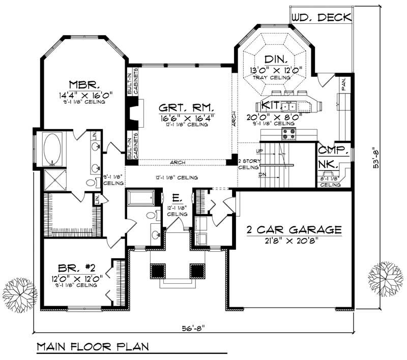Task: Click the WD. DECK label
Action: [321, 17]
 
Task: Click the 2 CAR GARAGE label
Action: [294, 230]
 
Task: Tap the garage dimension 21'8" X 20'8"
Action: [294, 241]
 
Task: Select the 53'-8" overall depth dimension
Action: [376, 160]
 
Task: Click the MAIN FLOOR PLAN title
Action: [92, 347]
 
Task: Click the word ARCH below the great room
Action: [178, 163]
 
